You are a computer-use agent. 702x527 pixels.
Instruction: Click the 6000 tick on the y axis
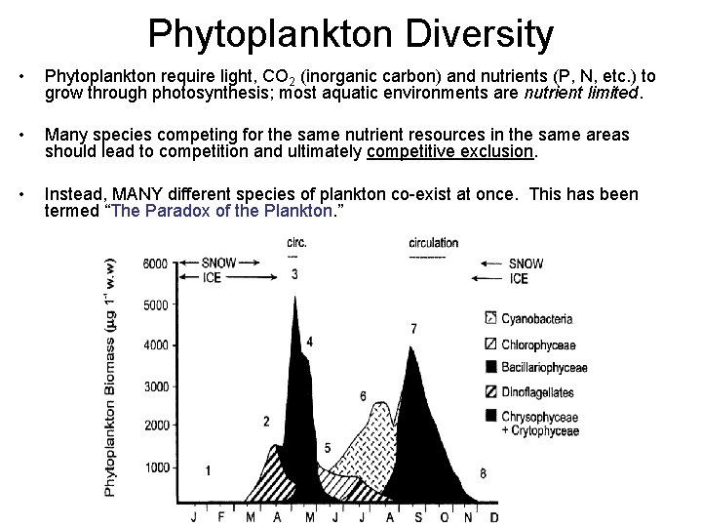[154, 263]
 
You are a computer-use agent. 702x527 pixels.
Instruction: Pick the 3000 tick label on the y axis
[154, 386]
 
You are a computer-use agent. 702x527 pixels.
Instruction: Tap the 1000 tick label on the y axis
[154, 468]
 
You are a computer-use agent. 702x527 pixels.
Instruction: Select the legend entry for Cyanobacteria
[536, 318]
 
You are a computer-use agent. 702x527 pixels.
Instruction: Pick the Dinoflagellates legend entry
[537, 392]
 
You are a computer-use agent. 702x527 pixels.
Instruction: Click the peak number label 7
[413, 329]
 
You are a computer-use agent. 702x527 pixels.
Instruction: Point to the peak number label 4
[310, 342]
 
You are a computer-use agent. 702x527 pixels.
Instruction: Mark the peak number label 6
[363, 396]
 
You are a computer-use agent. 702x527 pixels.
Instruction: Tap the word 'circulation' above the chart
[427, 242]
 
